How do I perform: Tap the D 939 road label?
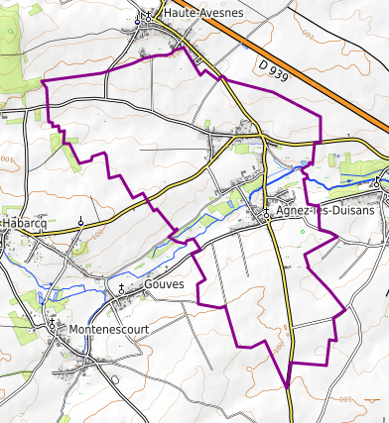coord(272,70)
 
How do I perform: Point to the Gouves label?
coord(164,285)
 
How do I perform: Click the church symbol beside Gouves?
coord(122,288)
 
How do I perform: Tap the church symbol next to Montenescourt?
coord(52,324)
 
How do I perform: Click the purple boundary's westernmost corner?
coord(45,80)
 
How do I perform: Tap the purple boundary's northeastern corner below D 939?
coord(323,119)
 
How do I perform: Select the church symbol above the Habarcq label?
coord(80,222)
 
